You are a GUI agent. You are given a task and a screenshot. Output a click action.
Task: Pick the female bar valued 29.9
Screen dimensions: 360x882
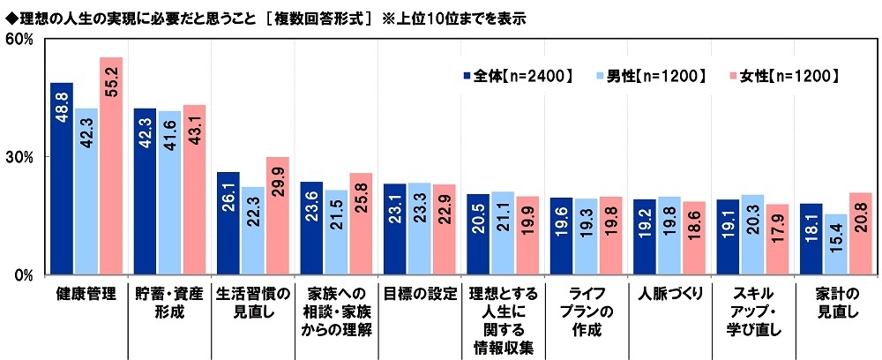[278, 215]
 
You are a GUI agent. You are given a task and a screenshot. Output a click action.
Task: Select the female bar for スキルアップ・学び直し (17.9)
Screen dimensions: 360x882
[777, 239]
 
